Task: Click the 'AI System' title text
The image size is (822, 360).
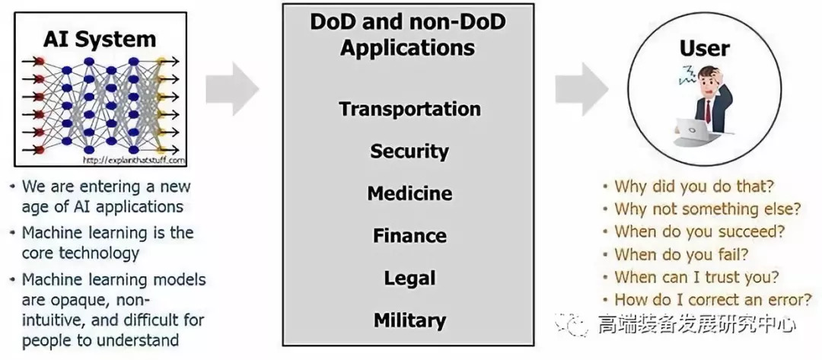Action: coord(100,38)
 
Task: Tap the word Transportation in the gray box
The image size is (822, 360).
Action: coord(409,109)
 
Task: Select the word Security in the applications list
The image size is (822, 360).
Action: coord(409,151)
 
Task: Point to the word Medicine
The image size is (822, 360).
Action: coord(409,193)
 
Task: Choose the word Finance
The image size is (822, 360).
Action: coord(409,236)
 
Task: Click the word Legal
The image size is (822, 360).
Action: coord(409,278)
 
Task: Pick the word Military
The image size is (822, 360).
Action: coord(409,320)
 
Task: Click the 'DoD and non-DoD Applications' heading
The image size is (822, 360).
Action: coord(408,35)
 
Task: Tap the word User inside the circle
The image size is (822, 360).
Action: coord(704,49)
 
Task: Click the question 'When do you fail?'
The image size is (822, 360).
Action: coord(681,254)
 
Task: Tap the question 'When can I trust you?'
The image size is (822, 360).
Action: coord(696,277)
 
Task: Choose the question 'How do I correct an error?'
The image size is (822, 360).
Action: coord(712,299)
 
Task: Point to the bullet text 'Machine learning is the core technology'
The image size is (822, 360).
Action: coord(107,242)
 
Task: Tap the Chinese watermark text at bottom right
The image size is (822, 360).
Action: coord(696,325)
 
